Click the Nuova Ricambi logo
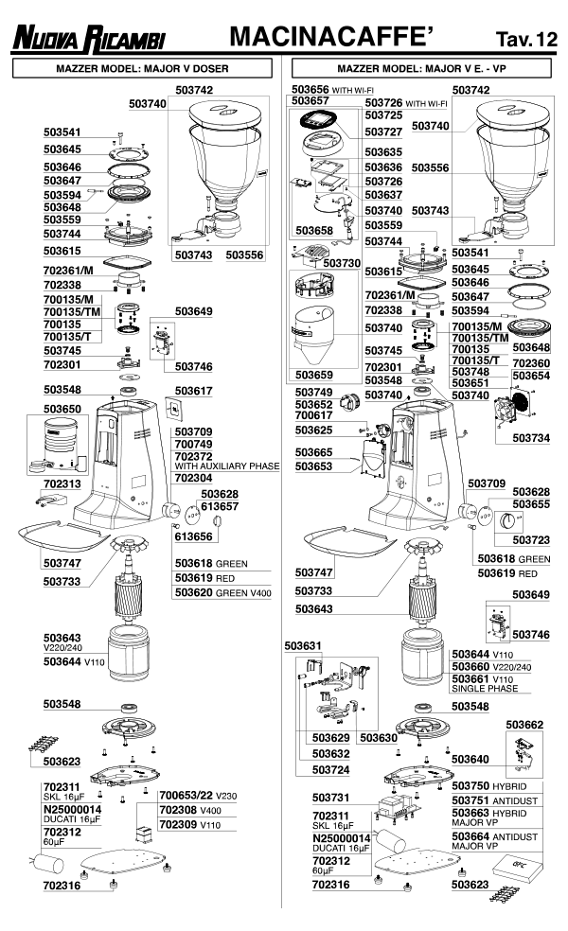tap(87, 39)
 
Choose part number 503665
tap(313, 453)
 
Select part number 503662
tap(524, 725)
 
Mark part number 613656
tap(193, 536)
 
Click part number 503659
tap(313, 375)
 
